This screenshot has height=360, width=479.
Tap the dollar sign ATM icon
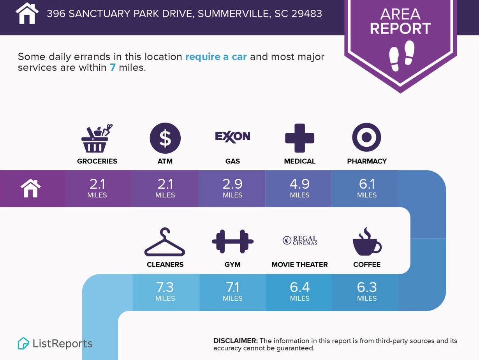coord(165,138)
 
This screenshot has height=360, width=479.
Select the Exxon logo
coord(232,137)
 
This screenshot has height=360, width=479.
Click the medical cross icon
coord(299,138)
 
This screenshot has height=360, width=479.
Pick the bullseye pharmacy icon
coord(366,137)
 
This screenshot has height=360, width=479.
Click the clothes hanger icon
coord(165,242)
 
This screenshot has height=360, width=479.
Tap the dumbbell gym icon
coord(232,241)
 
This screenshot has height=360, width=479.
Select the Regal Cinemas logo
coord(300,240)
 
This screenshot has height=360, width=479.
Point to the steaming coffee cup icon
coord(367,242)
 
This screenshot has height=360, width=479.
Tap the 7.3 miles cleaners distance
coord(165,292)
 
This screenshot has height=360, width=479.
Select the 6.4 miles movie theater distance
coord(299,292)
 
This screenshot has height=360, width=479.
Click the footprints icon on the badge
coord(402,56)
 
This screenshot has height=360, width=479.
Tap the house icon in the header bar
coord(27,14)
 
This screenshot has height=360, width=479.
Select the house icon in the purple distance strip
coord(31,188)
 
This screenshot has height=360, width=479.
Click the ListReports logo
coord(55,343)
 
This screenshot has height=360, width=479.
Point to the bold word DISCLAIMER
coord(235,341)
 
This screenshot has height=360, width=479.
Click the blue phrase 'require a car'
coord(216,57)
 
